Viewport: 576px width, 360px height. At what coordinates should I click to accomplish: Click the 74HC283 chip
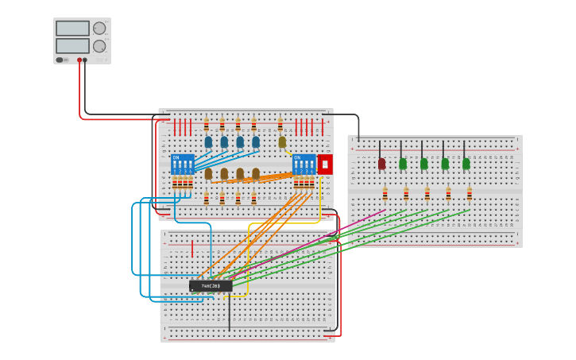[x=211, y=286]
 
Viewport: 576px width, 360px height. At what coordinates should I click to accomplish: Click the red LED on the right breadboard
[x=381, y=164]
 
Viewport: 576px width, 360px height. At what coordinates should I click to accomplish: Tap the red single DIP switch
[x=325, y=165]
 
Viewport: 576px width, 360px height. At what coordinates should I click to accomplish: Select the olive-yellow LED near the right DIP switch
[x=282, y=142]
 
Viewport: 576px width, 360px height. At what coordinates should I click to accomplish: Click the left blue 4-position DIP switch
[x=183, y=165]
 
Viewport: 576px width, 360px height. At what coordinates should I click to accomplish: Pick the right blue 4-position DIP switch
[x=303, y=165]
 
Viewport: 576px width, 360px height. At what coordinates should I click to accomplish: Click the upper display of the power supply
[x=72, y=29]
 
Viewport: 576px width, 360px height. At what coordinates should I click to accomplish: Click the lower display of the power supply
[x=72, y=46]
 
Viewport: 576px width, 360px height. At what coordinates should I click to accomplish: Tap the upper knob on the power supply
[x=99, y=29]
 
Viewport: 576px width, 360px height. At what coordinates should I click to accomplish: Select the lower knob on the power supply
[x=99, y=46]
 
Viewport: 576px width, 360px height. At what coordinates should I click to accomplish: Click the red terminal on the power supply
[x=79, y=60]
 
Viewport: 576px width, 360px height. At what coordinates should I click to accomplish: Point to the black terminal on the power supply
[x=85, y=60]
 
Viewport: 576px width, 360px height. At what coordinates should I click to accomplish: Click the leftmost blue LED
[x=208, y=142]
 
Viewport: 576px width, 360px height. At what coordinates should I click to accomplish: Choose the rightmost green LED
[x=466, y=164]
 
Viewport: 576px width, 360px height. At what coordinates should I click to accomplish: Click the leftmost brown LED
[x=208, y=173]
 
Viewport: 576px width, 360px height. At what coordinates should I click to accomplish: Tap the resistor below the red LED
[x=385, y=194]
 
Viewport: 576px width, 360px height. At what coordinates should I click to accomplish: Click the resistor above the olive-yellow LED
[x=280, y=125]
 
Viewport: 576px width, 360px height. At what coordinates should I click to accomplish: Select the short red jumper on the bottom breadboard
[x=191, y=250]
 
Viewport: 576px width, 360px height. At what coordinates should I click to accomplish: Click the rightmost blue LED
[x=256, y=142]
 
